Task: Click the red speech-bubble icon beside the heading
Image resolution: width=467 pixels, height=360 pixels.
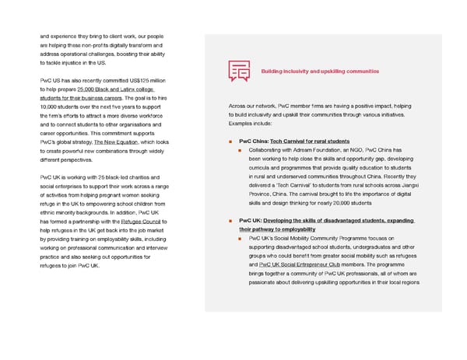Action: click(x=239, y=71)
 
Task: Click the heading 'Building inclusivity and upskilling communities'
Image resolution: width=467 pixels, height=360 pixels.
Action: click(x=320, y=72)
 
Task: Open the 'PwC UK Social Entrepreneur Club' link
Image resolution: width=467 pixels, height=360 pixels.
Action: click(x=311, y=265)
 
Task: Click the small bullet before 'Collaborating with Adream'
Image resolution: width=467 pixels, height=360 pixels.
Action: click(x=241, y=150)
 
